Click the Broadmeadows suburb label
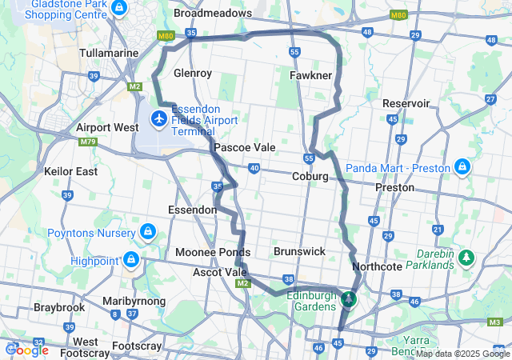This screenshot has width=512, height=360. pyautogui.click(x=212, y=14)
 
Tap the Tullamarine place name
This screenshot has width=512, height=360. pyautogui.click(x=111, y=53)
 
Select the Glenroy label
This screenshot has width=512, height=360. pyautogui.click(x=192, y=73)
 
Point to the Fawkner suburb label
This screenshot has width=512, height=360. pyautogui.click(x=310, y=75)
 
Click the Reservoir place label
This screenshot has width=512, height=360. pyautogui.click(x=406, y=103)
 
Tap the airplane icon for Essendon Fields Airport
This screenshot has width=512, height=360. pyautogui.click(x=158, y=119)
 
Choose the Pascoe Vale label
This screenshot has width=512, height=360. pyautogui.click(x=244, y=147)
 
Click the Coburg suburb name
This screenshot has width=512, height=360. pyautogui.click(x=310, y=176)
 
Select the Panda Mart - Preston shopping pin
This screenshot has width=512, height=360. pyautogui.click(x=462, y=167)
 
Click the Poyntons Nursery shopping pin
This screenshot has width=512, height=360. pyautogui.click(x=147, y=232)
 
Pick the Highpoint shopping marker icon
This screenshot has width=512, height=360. pyautogui.click(x=130, y=260)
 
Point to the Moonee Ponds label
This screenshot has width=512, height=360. pyautogui.click(x=213, y=252)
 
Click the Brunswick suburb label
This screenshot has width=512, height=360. pyautogui.click(x=299, y=251)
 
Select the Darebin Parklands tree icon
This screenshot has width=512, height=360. pyautogui.click(x=466, y=258)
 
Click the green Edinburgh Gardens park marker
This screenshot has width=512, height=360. pyautogui.click(x=348, y=299)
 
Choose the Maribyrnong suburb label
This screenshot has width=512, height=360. pyautogui.click(x=134, y=301)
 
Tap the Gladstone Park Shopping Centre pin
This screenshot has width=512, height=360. pyautogui.click(x=119, y=8)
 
